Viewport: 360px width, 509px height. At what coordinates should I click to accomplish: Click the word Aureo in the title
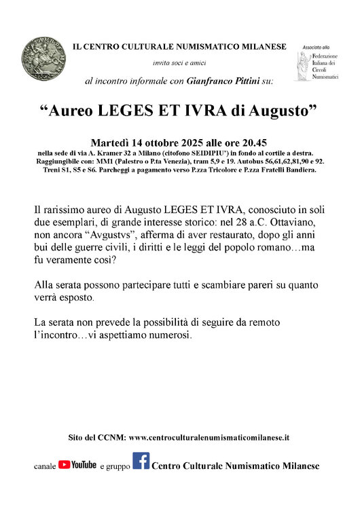click(x=73, y=112)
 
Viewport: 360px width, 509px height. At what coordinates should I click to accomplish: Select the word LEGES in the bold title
click(x=128, y=112)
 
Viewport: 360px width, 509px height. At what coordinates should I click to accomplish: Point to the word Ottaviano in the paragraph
click(x=286, y=221)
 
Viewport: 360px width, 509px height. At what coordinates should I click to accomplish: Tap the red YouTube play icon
click(x=65, y=465)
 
